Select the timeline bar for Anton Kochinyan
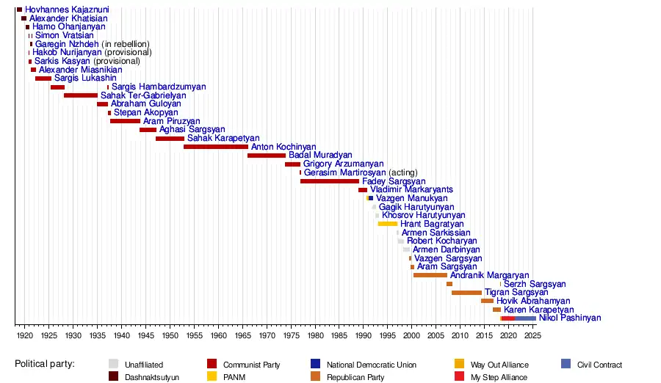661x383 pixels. (216, 147)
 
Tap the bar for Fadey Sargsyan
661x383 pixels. (330, 181)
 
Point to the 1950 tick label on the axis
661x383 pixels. (170, 335)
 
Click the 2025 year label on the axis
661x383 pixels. (532, 335)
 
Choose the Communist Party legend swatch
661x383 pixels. (212, 364)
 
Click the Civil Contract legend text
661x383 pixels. (599, 365)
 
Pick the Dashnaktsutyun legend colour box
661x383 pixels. (113, 377)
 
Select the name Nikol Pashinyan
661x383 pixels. (570, 318)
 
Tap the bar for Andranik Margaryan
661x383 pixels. (430, 275)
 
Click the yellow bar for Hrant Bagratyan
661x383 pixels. (387, 224)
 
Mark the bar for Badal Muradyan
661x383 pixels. (267, 156)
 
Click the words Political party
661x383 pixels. (50, 364)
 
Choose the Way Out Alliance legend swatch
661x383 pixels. (459, 364)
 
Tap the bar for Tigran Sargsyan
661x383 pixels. (466, 293)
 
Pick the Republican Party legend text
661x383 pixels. (355, 377)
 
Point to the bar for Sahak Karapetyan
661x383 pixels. (170, 139)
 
